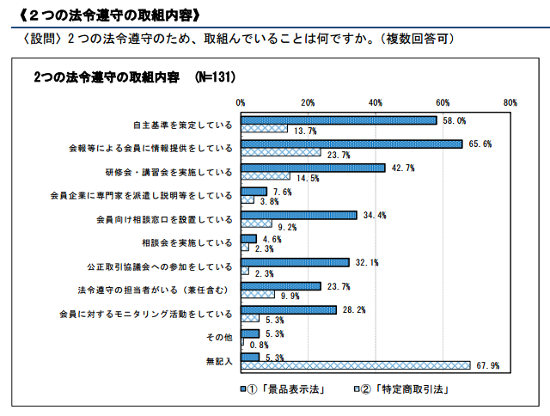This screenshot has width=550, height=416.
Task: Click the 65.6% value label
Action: click(x=480, y=144)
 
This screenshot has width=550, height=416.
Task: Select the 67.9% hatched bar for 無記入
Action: click(x=356, y=365)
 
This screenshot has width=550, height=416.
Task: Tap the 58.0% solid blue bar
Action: click(x=339, y=120)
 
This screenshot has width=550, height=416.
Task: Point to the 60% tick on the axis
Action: click(x=443, y=102)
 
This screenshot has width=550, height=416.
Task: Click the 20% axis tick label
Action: click(x=308, y=102)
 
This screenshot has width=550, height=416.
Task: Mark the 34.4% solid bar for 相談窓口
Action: click(x=299, y=215)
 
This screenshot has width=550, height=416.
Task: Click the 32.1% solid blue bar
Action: click(x=295, y=262)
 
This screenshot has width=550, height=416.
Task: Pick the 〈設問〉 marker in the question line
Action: click(x=44, y=40)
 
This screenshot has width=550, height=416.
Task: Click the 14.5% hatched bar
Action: click(x=266, y=176)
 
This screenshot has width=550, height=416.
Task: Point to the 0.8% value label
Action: click(x=260, y=345)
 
